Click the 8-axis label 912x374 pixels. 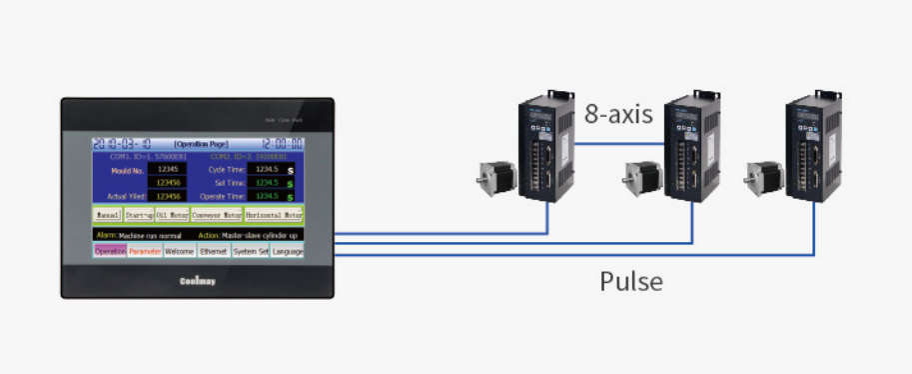[x=618, y=115]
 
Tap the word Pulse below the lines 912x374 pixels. [x=631, y=281]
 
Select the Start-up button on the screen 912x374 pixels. [x=139, y=214]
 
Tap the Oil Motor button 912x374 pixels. [x=172, y=214]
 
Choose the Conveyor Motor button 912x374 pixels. [x=217, y=214]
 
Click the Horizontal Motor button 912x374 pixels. [x=274, y=214]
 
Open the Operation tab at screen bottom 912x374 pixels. [x=110, y=252]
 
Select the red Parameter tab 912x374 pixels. [x=145, y=252]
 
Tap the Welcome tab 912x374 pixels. [x=180, y=252]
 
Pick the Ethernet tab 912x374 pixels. [x=213, y=252]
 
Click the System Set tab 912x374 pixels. [x=251, y=252]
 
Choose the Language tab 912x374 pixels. [x=288, y=252]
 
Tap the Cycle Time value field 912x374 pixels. [x=266, y=170]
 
